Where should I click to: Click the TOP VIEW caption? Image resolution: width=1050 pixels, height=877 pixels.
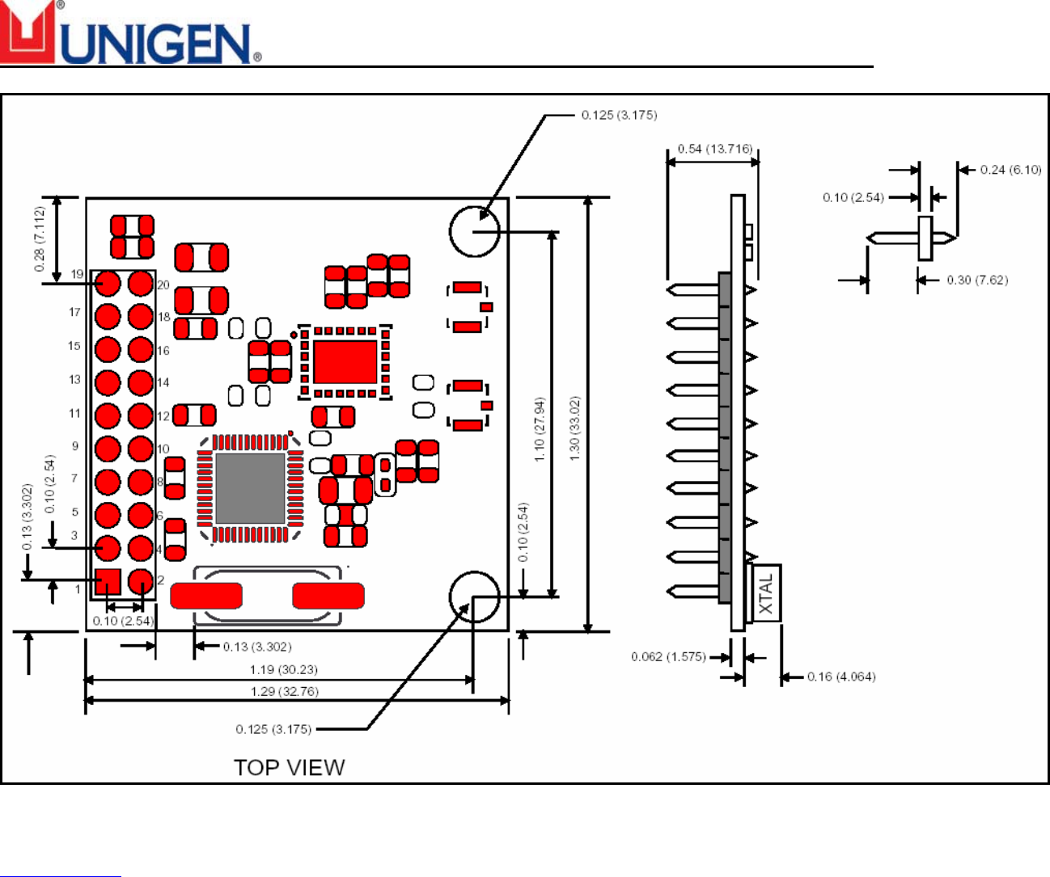click(289, 767)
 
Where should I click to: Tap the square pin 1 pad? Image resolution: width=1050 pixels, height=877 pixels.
click(108, 581)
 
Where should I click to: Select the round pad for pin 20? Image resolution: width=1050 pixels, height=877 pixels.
click(141, 284)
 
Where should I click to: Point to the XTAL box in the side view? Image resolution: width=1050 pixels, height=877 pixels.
click(766, 592)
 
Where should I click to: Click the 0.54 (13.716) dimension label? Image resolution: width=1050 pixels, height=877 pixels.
click(714, 149)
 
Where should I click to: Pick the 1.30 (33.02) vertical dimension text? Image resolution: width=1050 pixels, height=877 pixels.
click(575, 428)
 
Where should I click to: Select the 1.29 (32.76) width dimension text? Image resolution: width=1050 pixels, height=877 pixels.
click(284, 692)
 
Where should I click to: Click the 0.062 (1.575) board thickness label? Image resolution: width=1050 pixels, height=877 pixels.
click(668, 656)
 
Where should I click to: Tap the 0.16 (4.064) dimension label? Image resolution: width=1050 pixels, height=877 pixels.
click(841, 677)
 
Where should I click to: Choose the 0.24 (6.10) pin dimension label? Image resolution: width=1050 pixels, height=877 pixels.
click(1010, 170)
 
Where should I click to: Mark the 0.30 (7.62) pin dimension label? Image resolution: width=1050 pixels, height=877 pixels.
click(977, 280)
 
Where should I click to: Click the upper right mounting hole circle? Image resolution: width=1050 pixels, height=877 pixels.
click(474, 231)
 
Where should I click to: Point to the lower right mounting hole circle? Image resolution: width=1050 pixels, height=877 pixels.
click(474, 597)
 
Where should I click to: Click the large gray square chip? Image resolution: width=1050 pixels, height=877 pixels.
click(250, 489)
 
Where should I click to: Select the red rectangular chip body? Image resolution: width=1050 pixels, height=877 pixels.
click(345, 361)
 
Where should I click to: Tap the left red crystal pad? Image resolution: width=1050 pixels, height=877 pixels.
click(206, 596)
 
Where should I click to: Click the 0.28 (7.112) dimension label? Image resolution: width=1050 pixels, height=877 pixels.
click(40, 238)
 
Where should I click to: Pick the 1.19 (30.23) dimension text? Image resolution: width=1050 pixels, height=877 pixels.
click(284, 670)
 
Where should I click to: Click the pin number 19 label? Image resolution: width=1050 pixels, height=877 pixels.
click(77, 274)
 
